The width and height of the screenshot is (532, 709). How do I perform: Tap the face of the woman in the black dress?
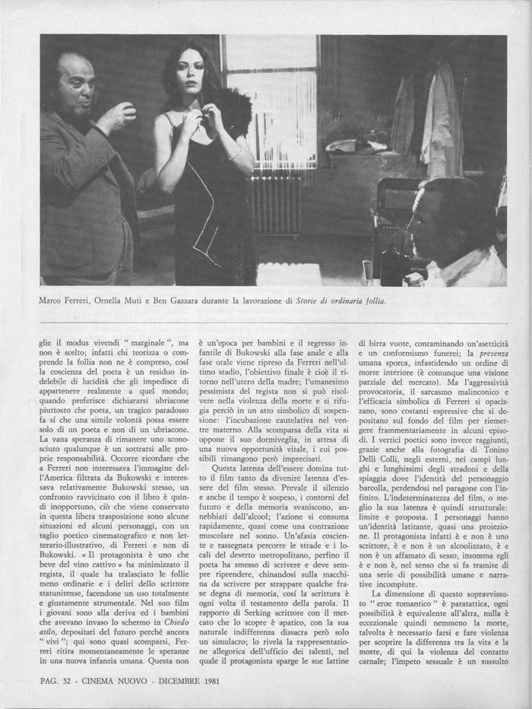pos(193,72)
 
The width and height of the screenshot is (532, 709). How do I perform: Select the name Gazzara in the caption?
pos(229,300)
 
